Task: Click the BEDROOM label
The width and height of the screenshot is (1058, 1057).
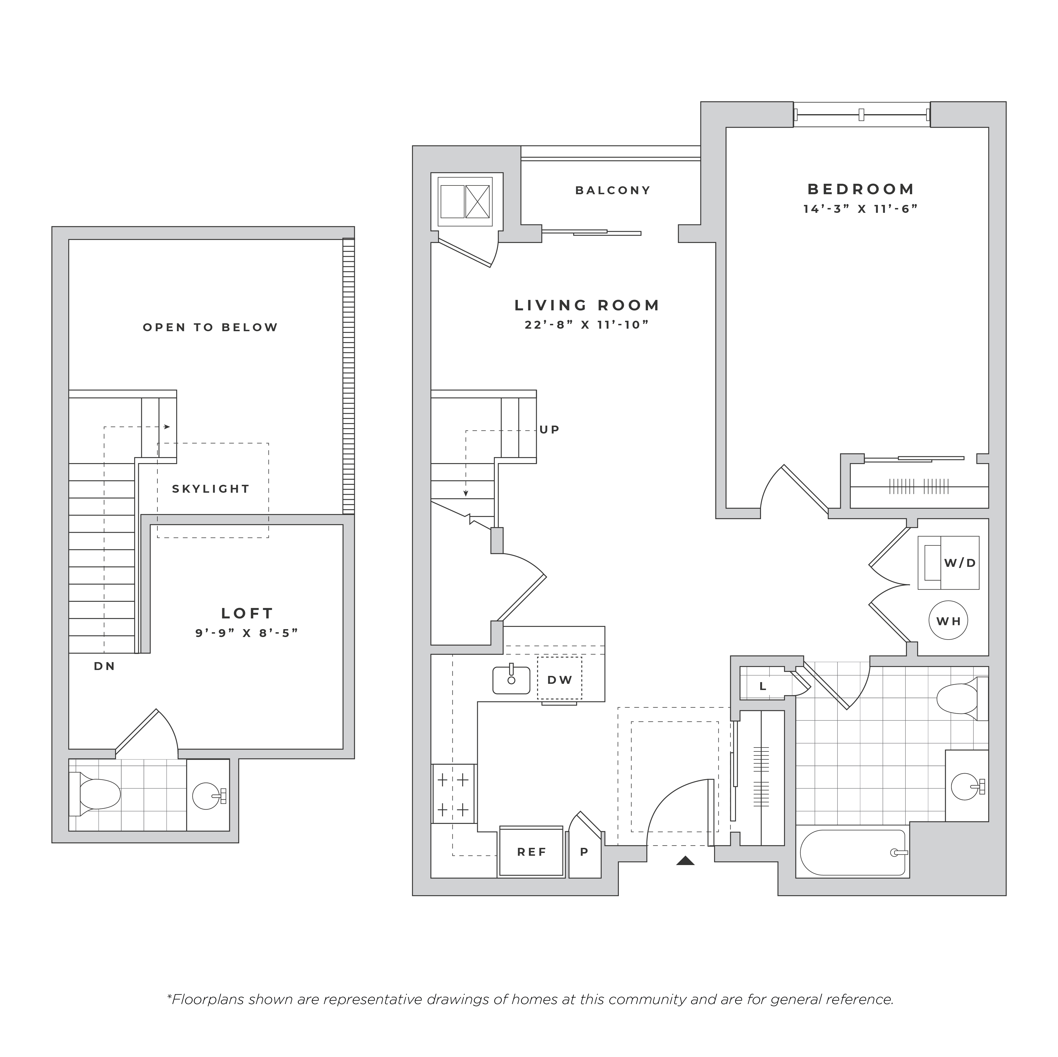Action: coord(861,189)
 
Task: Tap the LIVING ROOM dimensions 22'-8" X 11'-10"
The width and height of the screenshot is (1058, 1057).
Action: coord(586,325)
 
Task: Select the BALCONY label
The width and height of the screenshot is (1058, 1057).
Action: coord(613,191)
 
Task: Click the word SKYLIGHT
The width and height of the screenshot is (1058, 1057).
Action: coord(211,489)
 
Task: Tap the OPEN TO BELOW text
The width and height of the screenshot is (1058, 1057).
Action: coord(211,327)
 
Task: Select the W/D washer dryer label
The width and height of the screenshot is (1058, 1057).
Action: coord(960,563)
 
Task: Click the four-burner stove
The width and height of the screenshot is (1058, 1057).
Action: coord(454,794)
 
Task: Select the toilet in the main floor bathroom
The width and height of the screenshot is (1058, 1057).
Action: coord(962,699)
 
